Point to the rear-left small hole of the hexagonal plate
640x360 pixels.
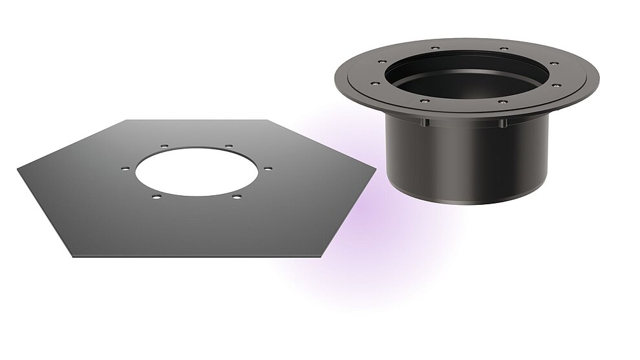pos(164,146)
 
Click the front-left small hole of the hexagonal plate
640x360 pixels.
pos(155,195)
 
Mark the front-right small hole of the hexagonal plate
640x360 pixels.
pos(237,196)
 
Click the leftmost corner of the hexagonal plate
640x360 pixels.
pos(18,169)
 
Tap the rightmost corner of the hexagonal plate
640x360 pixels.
pos(375,169)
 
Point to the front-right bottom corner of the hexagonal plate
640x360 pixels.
pos(321,255)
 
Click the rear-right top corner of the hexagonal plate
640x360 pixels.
pos(267,120)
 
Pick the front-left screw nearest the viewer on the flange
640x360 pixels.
pos(423,100)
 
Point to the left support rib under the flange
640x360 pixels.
pos(426,123)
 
